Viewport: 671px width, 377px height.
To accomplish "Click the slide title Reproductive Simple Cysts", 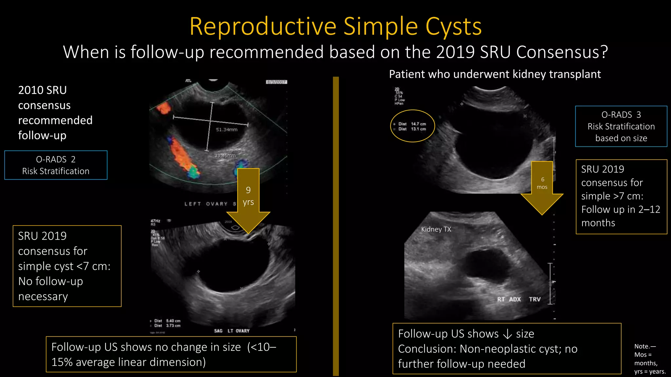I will pos(335,26).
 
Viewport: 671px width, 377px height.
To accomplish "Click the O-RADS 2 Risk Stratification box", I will pos(56,165).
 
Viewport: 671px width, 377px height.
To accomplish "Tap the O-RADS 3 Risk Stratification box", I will pos(621,126).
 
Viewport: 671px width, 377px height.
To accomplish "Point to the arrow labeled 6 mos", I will pos(542,187).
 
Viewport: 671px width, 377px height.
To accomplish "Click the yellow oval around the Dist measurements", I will pos(412,126).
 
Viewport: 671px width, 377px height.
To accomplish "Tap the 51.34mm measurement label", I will pos(227,130).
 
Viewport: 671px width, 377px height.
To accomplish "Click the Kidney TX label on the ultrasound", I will pos(436,229).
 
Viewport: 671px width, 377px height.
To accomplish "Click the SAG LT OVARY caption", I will pos(232,331).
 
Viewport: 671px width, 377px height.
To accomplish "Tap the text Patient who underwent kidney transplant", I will pos(495,74).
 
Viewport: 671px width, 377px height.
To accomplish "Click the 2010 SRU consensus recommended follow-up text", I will pos(55,113).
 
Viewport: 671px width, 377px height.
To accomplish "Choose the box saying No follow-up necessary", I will pos(67,266).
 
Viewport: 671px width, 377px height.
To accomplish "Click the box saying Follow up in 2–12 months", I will pos(621,196).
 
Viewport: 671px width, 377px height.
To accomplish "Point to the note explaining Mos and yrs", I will pos(650,359).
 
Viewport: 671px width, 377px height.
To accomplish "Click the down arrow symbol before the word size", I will pos(507,334).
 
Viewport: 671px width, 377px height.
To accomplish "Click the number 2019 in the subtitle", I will pos(455,52).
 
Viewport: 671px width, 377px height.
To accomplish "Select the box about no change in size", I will pos(171,354).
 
